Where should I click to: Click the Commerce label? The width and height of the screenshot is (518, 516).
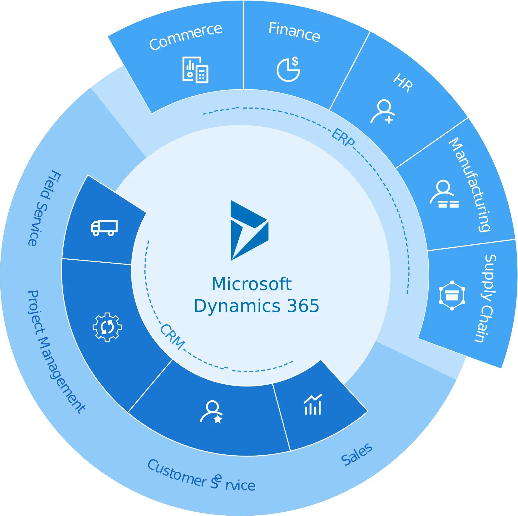pyautogui.click(x=186, y=36)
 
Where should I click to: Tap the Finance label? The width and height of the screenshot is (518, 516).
pyautogui.click(x=294, y=32)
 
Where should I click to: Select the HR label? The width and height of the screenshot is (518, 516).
pyautogui.click(x=403, y=83)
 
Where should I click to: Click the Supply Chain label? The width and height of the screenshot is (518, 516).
pyautogui.click(x=486, y=298)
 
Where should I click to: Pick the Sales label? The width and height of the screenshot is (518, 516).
pyautogui.click(x=357, y=454)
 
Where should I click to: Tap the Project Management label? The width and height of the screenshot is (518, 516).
pyautogui.click(x=56, y=352)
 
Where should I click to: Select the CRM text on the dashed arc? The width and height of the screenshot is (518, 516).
pyautogui.click(x=172, y=337)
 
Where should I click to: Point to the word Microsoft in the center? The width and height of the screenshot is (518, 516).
pyautogui.click(x=252, y=284)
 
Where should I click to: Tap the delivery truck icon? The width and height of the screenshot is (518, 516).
pyautogui.click(x=104, y=228)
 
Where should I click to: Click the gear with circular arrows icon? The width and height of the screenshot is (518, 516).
pyautogui.click(x=107, y=327)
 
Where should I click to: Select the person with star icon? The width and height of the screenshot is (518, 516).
pyautogui.click(x=212, y=412)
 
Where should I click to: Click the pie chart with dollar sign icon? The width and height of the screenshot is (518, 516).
pyautogui.click(x=288, y=69)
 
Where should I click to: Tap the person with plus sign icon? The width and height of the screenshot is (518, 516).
pyautogui.click(x=383, y=111)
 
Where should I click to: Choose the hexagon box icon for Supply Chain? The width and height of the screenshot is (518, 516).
pyautogui.click(x=452, y=296)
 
